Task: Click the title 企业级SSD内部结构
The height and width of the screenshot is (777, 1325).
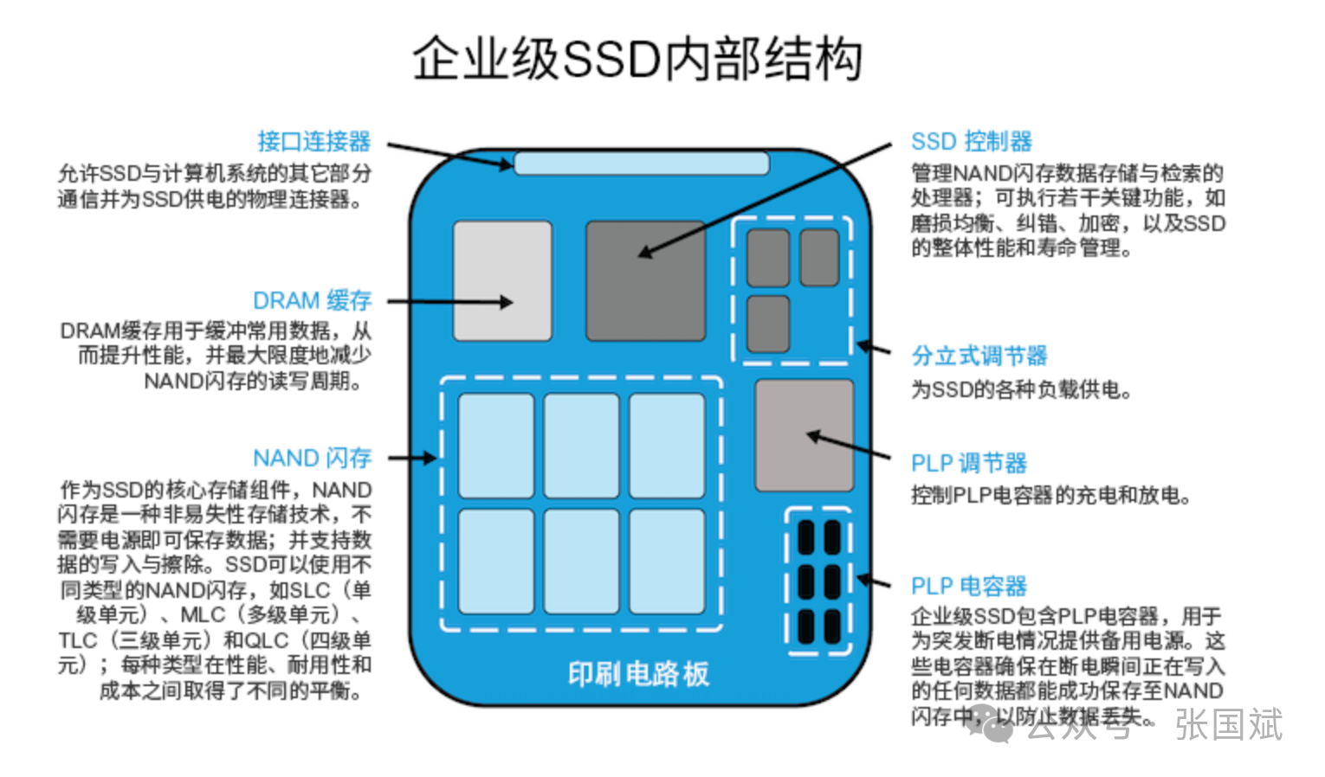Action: (x=637, y=59)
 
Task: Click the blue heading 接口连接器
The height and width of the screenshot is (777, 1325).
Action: (x=313, y=141)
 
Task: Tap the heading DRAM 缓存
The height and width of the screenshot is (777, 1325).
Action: (x=312, y=300)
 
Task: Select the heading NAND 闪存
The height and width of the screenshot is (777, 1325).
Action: (x=312, y=458)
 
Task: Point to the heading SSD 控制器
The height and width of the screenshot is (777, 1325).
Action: (x=972, y=141)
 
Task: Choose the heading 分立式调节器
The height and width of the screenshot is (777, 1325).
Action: (x=979, y=356)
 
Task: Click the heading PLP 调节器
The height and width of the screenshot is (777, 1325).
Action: (x=969, y=463)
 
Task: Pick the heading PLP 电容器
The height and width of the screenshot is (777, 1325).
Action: (x=969, y=586)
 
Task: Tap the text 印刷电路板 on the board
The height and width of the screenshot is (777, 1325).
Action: (x=638, y=674)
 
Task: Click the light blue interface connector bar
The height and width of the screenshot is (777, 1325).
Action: (x=641, y=164)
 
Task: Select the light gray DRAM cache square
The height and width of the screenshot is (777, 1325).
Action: (x=502, y=280)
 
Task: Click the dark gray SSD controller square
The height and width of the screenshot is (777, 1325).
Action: (x=645, y=280)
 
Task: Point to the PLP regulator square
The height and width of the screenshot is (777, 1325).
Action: (x=804, y=435)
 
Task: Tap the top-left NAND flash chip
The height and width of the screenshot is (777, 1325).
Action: (x=495, y=445)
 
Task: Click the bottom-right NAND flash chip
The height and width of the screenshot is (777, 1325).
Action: (x=667, y=561)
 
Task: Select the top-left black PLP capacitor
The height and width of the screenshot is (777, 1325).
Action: (x=805, y=537)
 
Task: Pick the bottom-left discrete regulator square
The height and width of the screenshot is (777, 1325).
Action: (x=768, y=324)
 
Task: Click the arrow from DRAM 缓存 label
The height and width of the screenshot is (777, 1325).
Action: (x=450, y=302)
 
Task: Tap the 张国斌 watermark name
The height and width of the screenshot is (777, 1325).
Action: (x=1228, y=724)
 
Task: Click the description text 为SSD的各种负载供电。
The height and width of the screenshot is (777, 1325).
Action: (x=1022, y=390)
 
